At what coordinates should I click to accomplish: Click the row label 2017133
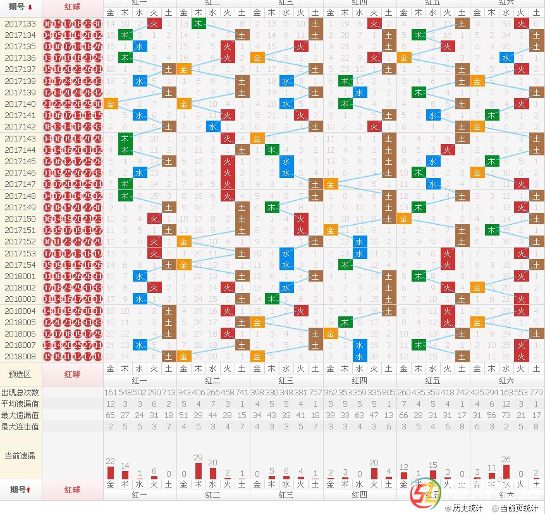tap(20, 24)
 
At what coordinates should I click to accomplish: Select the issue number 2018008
tap(20, 357)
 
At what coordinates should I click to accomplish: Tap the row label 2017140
tap(20, 104)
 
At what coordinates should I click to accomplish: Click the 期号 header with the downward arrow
tap(20, 6)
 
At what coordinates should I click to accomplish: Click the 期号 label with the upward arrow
tap(20, 489)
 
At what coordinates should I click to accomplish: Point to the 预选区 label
tap(20, 374)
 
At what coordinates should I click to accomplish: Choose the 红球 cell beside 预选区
tap(73, 374)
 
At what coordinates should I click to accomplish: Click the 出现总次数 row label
tap(20, 393)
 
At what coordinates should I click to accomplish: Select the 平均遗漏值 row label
tap(20, 404)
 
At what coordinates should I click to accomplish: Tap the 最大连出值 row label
tap(20, 427)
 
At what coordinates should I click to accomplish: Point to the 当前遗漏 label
tap(20, 455)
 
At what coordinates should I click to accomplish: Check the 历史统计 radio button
tap(448, 508)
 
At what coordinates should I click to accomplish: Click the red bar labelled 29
tap(198, 471)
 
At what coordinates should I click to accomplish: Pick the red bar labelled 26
tap(505, 472)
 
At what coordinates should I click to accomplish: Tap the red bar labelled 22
tap(111, 472)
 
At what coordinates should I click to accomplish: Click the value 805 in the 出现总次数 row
tap(389, 393)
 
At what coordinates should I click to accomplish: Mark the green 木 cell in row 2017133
tap(198, 24)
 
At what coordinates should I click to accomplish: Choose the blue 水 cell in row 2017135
tap(140, 47)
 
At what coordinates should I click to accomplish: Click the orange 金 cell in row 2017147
tap(330, 184)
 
